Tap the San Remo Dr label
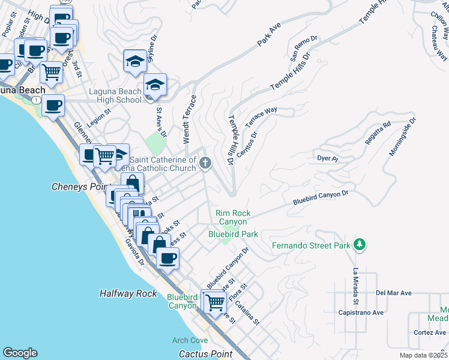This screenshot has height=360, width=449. (x=303, y=49)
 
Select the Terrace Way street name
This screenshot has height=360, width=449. (x=261, y=115)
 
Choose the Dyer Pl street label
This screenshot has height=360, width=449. (x=328, y=159)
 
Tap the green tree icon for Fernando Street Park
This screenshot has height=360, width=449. (x=360, y=244)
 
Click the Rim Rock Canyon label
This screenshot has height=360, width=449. (x=234, y=217)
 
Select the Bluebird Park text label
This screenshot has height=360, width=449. (x=233, y=233)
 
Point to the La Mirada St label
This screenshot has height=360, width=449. (x=356, y=284)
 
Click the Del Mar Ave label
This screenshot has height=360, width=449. (x=394, y=293)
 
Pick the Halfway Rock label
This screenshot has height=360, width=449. (x=128, y=293)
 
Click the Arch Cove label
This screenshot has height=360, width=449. (x=190, y=340)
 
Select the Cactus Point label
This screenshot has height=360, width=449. (x=206, y=354)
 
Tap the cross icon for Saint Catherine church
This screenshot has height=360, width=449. (x=205, y=163)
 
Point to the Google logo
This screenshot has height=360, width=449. (x=20, y=353)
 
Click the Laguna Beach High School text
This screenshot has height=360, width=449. (x=115, y=95)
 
